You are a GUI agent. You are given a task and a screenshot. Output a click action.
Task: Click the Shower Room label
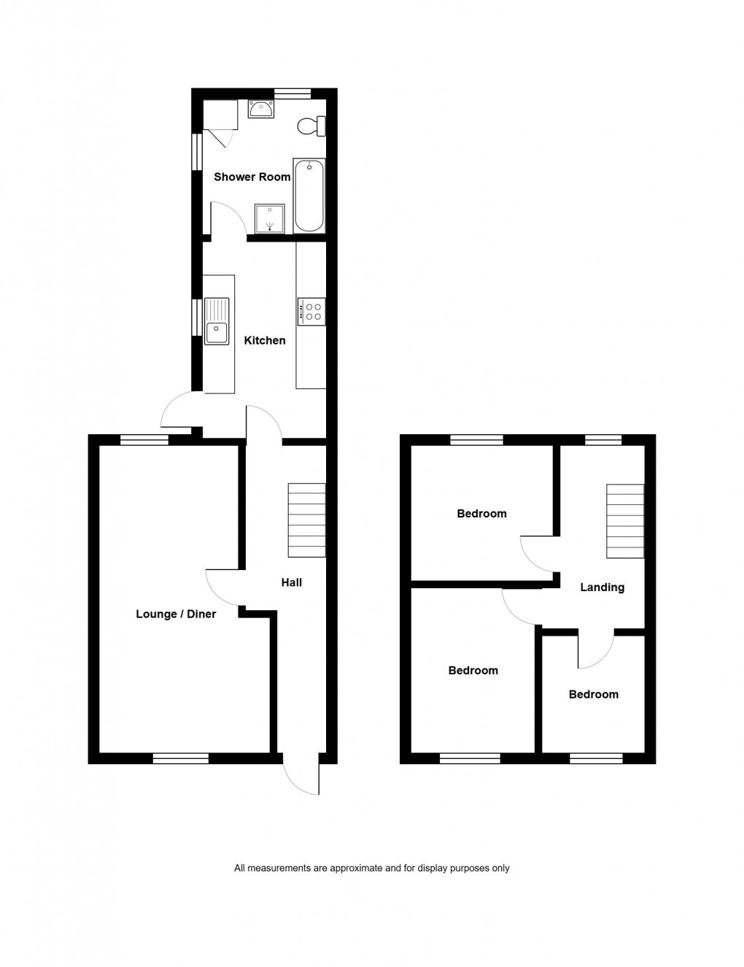(252, 177)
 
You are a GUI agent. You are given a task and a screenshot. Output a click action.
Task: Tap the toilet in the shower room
(311, 126)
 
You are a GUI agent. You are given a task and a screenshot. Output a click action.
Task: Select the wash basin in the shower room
(260, 109)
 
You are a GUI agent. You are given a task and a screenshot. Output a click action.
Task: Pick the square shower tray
(269, 218)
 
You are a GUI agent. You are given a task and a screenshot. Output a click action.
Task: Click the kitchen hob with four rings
(311, 312)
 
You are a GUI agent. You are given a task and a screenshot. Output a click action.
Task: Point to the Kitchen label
(264, 340)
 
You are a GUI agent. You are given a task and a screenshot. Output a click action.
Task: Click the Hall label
(291, 582)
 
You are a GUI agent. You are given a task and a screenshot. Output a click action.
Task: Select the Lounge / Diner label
(176, 614)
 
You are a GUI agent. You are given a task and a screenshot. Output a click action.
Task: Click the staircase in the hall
(306, 520)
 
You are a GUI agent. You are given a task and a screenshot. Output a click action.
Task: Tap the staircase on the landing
(625, 521)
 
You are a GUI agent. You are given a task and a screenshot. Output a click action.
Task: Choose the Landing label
(602, 587)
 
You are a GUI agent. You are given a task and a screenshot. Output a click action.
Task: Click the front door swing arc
(301, 777)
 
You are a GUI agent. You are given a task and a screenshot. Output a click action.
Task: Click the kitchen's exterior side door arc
(177, 410)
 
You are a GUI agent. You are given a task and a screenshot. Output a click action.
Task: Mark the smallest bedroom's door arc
(596, 652)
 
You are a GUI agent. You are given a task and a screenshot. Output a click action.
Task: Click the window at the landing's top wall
(602, 439)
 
